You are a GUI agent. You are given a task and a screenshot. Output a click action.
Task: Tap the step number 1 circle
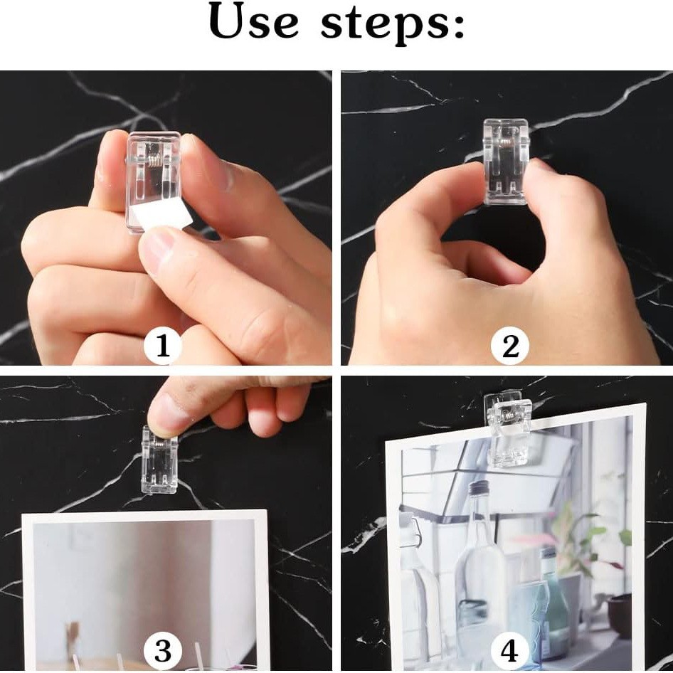click(162, 346)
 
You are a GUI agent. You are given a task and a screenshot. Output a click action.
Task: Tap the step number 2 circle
click(510, 346)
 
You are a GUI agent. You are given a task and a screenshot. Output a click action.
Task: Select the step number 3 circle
click(162, 651)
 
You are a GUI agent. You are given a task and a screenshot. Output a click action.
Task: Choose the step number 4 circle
click(510, 651)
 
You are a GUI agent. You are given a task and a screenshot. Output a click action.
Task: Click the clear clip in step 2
click(506, 161)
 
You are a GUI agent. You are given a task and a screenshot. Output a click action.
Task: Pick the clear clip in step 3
click(159, 460)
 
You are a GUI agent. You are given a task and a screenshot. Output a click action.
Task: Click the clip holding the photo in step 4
click(508, 429)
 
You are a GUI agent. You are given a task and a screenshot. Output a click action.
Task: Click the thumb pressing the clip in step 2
click(553, 189)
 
